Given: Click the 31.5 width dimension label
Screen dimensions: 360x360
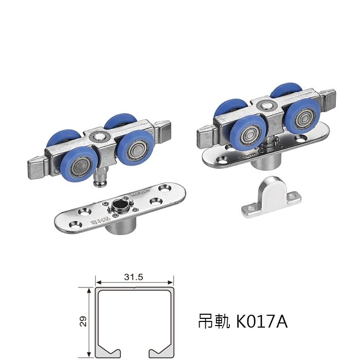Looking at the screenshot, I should (133, 277).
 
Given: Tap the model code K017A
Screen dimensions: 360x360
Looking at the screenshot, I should (262, 321).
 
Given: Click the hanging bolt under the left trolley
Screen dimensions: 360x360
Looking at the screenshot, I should (101, 178).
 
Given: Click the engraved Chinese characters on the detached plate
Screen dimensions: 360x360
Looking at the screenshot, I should (99, 220).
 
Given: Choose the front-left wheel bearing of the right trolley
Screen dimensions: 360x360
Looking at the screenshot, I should (250, 135).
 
